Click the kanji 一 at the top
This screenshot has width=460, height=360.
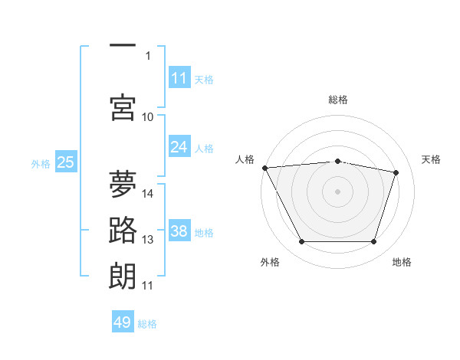click(123, 45)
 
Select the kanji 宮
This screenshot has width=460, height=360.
click(123, 107)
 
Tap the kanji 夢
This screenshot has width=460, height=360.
click(123, 184)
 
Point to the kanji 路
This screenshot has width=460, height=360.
click(123, 230)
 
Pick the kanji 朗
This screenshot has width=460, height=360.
click(123, 277)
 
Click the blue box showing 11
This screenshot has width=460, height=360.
click(179, 77)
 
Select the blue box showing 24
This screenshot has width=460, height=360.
click(179, 146)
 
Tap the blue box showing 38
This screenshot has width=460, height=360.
click(179, 230)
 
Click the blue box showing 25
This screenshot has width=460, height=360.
click(66, 162)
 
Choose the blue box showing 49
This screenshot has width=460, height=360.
click(123, 321)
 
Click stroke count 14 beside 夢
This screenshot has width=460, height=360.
click(147, 194)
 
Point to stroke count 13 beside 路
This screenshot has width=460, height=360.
click(147, 240)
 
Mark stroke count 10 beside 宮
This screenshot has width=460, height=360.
click(147, 117)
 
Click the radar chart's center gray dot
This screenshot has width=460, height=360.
click(337, 191)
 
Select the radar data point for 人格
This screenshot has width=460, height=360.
click(265, 168)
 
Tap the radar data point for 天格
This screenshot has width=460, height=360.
click(396, 172)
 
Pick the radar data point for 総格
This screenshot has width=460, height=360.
click(337, 162)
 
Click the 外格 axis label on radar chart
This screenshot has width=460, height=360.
click(270, 262)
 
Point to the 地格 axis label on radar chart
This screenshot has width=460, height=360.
click(402, 262)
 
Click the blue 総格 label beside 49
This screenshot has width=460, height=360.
click(147, 324)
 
